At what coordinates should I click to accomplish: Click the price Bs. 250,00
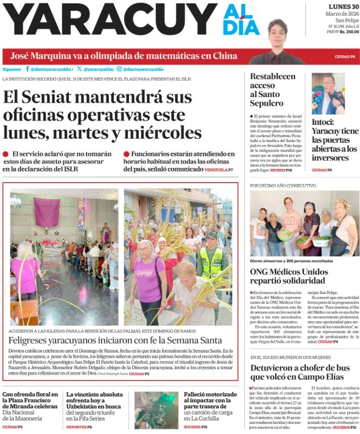pos(349,31)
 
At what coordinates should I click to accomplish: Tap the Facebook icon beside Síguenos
pos(27,69)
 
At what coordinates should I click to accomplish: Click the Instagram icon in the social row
pos(119,69)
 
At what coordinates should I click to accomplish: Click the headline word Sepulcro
pos(266,103)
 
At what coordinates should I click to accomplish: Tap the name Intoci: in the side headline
pos(323,122)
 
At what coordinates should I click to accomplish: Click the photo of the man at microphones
pos(328,94)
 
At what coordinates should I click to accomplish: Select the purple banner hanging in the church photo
pos(47,212)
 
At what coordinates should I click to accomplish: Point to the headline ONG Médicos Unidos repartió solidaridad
pos(289,277)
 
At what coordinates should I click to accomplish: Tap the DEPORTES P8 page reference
pos(79,427)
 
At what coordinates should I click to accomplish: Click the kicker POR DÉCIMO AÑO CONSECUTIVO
pos(283,186)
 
